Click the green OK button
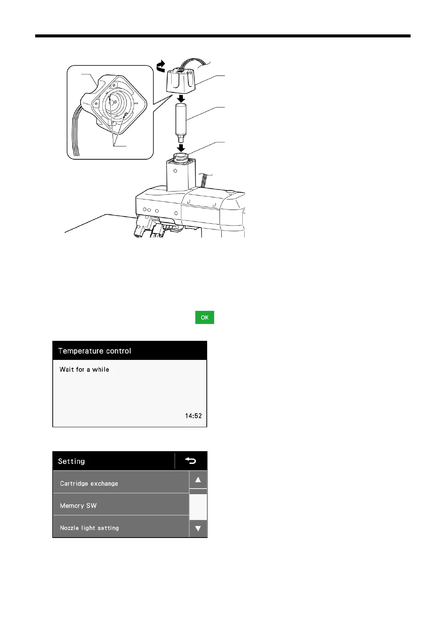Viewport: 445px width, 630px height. click(205, 317)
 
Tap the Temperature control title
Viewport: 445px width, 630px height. click(95, 351)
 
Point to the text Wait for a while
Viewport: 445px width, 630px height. click(84, 370)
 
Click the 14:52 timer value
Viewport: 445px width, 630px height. click(193, 416)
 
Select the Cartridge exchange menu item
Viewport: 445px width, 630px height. click(121, 483)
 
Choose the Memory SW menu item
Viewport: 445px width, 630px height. click(121, 505)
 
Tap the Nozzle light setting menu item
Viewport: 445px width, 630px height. click(121, 527)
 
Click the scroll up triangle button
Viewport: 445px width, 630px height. click(198, 480)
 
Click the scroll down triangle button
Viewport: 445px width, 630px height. click(198, 529)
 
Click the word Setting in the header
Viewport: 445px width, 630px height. click(71, 461)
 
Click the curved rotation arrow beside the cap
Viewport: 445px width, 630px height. click(160, 66)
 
